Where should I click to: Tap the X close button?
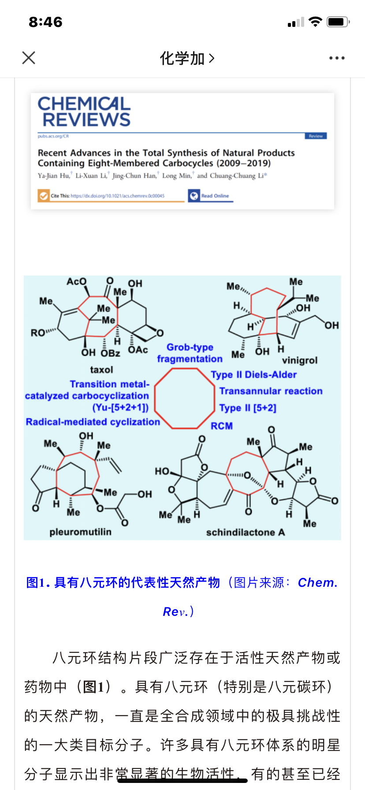[29, 58]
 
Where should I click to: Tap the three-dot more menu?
[337, 58]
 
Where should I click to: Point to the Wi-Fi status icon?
[315, 22]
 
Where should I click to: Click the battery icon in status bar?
[338, 22]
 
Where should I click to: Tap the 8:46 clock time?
[45, 22]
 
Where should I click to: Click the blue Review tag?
[316, 136]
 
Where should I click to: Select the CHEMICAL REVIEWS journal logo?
[84, 112]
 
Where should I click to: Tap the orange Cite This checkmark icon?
[43, 195]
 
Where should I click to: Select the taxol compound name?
[101, 369]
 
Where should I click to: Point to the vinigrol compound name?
[300, 360]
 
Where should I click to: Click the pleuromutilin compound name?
[80, 532]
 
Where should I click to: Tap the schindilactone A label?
[245, 532]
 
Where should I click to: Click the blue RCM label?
[221, 426]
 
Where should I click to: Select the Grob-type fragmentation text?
[190, 353]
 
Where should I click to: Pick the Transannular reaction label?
[271, 391]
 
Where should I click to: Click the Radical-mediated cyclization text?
[93, 422]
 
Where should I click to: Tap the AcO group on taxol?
[77, 281]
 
